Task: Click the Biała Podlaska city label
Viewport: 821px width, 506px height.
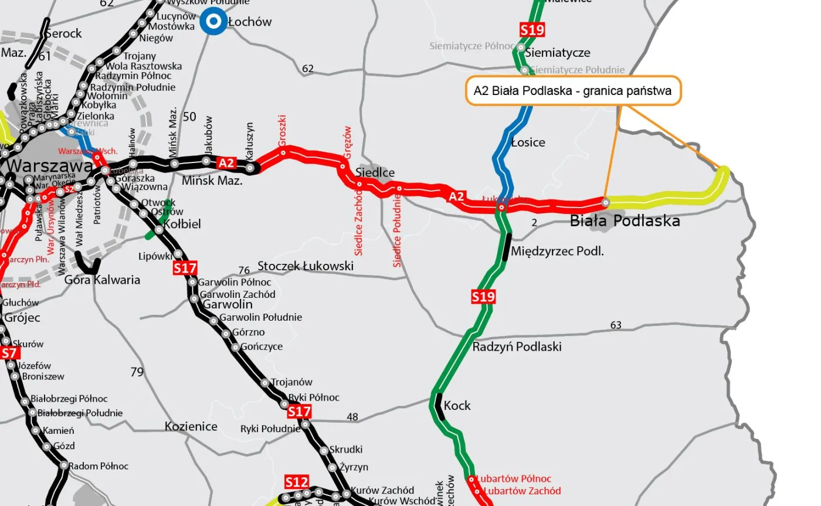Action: point(625,221)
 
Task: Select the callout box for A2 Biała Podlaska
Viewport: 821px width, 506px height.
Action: point(574,91)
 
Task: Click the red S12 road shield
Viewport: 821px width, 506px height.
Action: point(296,482)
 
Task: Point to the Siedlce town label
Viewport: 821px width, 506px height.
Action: point(375,173)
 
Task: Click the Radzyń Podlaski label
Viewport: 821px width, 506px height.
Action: point(517,347)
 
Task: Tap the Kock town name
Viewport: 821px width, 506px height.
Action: point(457,405)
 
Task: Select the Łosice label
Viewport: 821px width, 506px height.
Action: point(528,142)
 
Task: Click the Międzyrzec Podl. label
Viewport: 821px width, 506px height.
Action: point(557,252)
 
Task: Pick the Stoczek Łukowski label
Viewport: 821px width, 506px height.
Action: point(306,266)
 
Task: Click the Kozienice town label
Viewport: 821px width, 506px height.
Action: point(191,426)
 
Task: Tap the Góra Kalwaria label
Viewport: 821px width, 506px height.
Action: point(102,280)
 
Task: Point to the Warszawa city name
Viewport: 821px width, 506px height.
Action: point(49,166)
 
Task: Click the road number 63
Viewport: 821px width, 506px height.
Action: point(616,325)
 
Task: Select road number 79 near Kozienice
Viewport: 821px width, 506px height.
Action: point(137,372)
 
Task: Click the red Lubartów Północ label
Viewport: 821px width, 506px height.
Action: point(514,479)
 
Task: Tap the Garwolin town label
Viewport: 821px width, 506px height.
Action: point(228,304)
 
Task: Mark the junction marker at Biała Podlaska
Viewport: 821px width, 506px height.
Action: point(605,202)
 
